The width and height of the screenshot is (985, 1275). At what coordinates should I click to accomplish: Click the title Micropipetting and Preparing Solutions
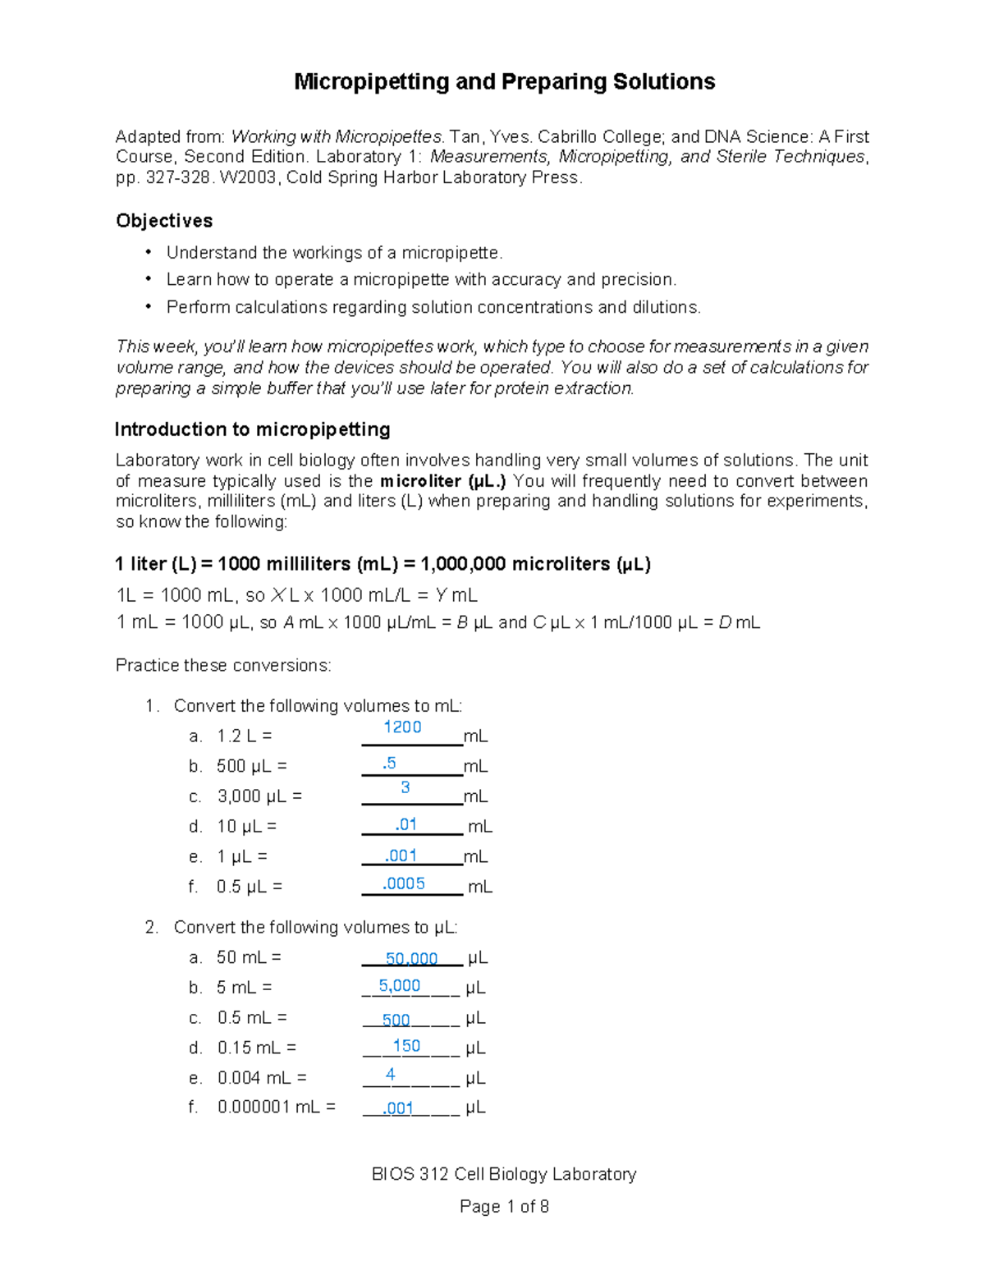point(504,82)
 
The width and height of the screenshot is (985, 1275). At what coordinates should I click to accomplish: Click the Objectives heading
point(164,221)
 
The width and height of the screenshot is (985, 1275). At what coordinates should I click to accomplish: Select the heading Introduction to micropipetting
point(252,429)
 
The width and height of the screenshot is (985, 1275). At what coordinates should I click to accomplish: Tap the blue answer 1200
point(402,727)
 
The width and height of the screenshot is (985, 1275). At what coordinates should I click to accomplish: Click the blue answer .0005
point(404,883)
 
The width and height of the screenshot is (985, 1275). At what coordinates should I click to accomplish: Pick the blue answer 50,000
point(411,958)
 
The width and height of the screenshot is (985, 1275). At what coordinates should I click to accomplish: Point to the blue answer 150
point(406,1046)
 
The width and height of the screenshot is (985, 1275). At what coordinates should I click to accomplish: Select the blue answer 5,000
point(400,986)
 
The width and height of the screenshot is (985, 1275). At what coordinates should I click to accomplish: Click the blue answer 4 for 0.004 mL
point(391,1075)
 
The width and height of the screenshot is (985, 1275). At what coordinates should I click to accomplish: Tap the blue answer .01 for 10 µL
point(405,824)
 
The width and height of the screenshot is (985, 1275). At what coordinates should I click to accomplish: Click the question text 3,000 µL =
point(259,796)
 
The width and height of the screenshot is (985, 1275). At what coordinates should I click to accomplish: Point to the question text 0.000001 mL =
point(277,1108)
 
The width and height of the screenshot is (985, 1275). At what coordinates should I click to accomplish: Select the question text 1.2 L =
point(244,736)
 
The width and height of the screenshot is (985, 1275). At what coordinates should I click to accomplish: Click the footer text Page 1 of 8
point(504,1207)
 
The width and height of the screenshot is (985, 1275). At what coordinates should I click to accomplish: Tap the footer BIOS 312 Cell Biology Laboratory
point(504,1174)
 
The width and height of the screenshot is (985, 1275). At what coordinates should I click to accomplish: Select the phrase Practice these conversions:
point(223,665)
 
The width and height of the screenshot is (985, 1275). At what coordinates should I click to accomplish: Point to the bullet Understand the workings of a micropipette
point(334,253)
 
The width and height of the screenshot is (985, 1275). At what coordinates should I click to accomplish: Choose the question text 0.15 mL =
point(257,1048)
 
